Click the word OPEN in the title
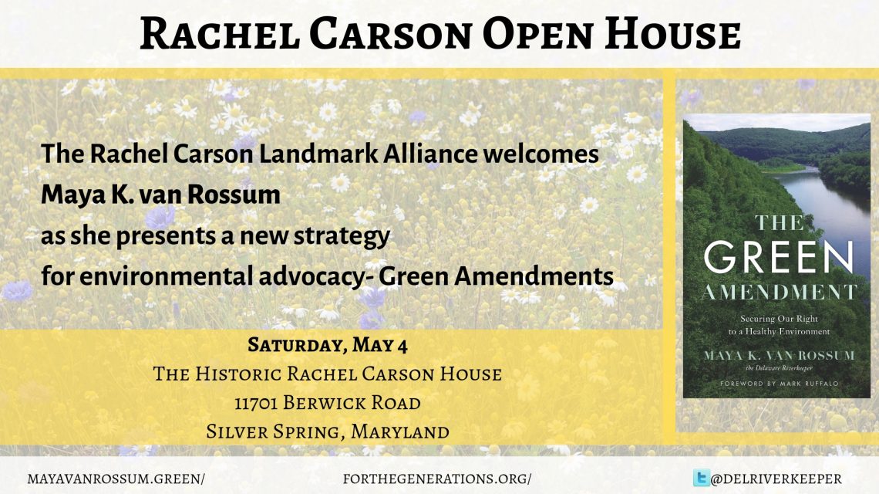pos(537,33)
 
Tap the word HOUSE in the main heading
pos(672,33)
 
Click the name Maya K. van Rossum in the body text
pos(160,195)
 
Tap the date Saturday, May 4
pos(328,345)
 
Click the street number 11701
pos(256,403)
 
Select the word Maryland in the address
pos(400,431)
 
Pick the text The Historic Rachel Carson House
pos(328,374)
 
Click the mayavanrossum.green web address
pos(116,479)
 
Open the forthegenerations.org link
pos(437,479)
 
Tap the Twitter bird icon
pos(701,478)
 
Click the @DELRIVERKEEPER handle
pos(776,479)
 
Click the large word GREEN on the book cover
pos(779,258)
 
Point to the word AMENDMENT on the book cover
pos(779,293)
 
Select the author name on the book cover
pos(780,355)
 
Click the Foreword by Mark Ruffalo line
pos(780,384)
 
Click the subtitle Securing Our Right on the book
pos(779,319)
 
